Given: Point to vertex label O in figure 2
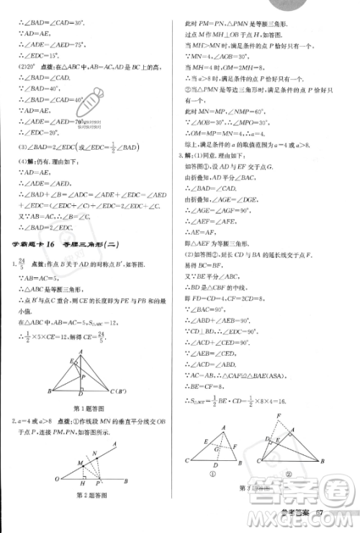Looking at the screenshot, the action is [x=56, y=479].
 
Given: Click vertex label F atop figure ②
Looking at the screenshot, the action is [x=279, y=416].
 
